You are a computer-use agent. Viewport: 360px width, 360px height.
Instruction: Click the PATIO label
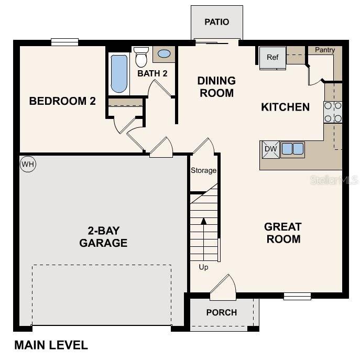tap(216, 22)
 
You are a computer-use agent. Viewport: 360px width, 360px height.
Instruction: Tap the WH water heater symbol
tap(27, 165)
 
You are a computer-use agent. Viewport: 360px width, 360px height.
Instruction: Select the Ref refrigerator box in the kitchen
tap(272, 58)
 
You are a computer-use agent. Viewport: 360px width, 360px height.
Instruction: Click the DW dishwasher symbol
tap(270, 149)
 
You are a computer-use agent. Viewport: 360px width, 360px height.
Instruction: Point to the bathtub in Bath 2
tap(119, 73)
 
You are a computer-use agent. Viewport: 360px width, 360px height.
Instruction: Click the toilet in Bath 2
tap(141, 56)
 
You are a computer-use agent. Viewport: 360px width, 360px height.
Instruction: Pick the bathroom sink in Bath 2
tap(164, 53)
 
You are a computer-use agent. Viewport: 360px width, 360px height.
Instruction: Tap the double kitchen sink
tap(292, 149)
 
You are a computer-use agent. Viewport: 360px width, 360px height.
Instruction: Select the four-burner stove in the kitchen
tap(333, 112)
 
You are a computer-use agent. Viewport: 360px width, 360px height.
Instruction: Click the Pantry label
tap(325, 50)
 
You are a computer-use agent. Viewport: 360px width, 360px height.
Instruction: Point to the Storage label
tap(203, 170)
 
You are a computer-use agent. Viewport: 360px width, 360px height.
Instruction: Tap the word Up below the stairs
tap(203, 267)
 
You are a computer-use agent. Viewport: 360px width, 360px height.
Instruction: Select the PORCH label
tap(221, 312)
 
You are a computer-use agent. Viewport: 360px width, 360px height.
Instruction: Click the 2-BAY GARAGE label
tap(103, 236)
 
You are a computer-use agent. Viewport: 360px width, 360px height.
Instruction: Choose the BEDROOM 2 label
tap(62, 101)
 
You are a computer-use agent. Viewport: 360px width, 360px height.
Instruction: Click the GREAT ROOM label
tap(282, 233)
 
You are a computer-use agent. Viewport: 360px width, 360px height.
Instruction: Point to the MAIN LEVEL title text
tap(51, 345)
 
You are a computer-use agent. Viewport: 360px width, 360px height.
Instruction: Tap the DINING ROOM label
tap(216, 87)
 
